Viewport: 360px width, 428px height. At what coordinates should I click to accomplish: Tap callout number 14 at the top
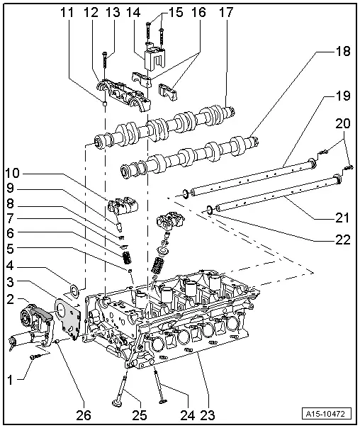pyautogui.click(x=133, y=13)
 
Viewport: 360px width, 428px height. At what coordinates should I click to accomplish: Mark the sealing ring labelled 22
pyautogui.click(x=210, y=209)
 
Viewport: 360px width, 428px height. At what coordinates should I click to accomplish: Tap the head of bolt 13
pyautogui.click(x=105, y=54)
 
